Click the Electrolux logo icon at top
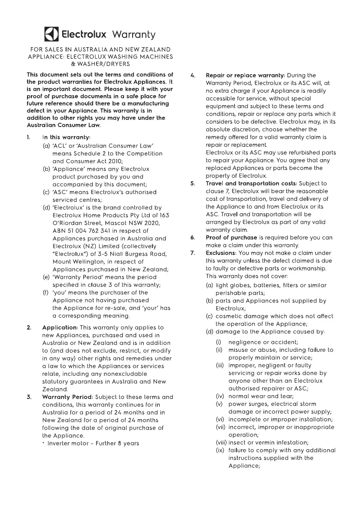click(x=51, y=34)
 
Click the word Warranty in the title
click(x=133, y=34)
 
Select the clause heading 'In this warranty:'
click(x=66, y=137)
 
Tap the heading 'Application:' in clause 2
click(x=60, y=328)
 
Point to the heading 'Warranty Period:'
click(x=68, y=397)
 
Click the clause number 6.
click(x=193, y=238)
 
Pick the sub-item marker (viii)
click(x=221, y=443)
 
